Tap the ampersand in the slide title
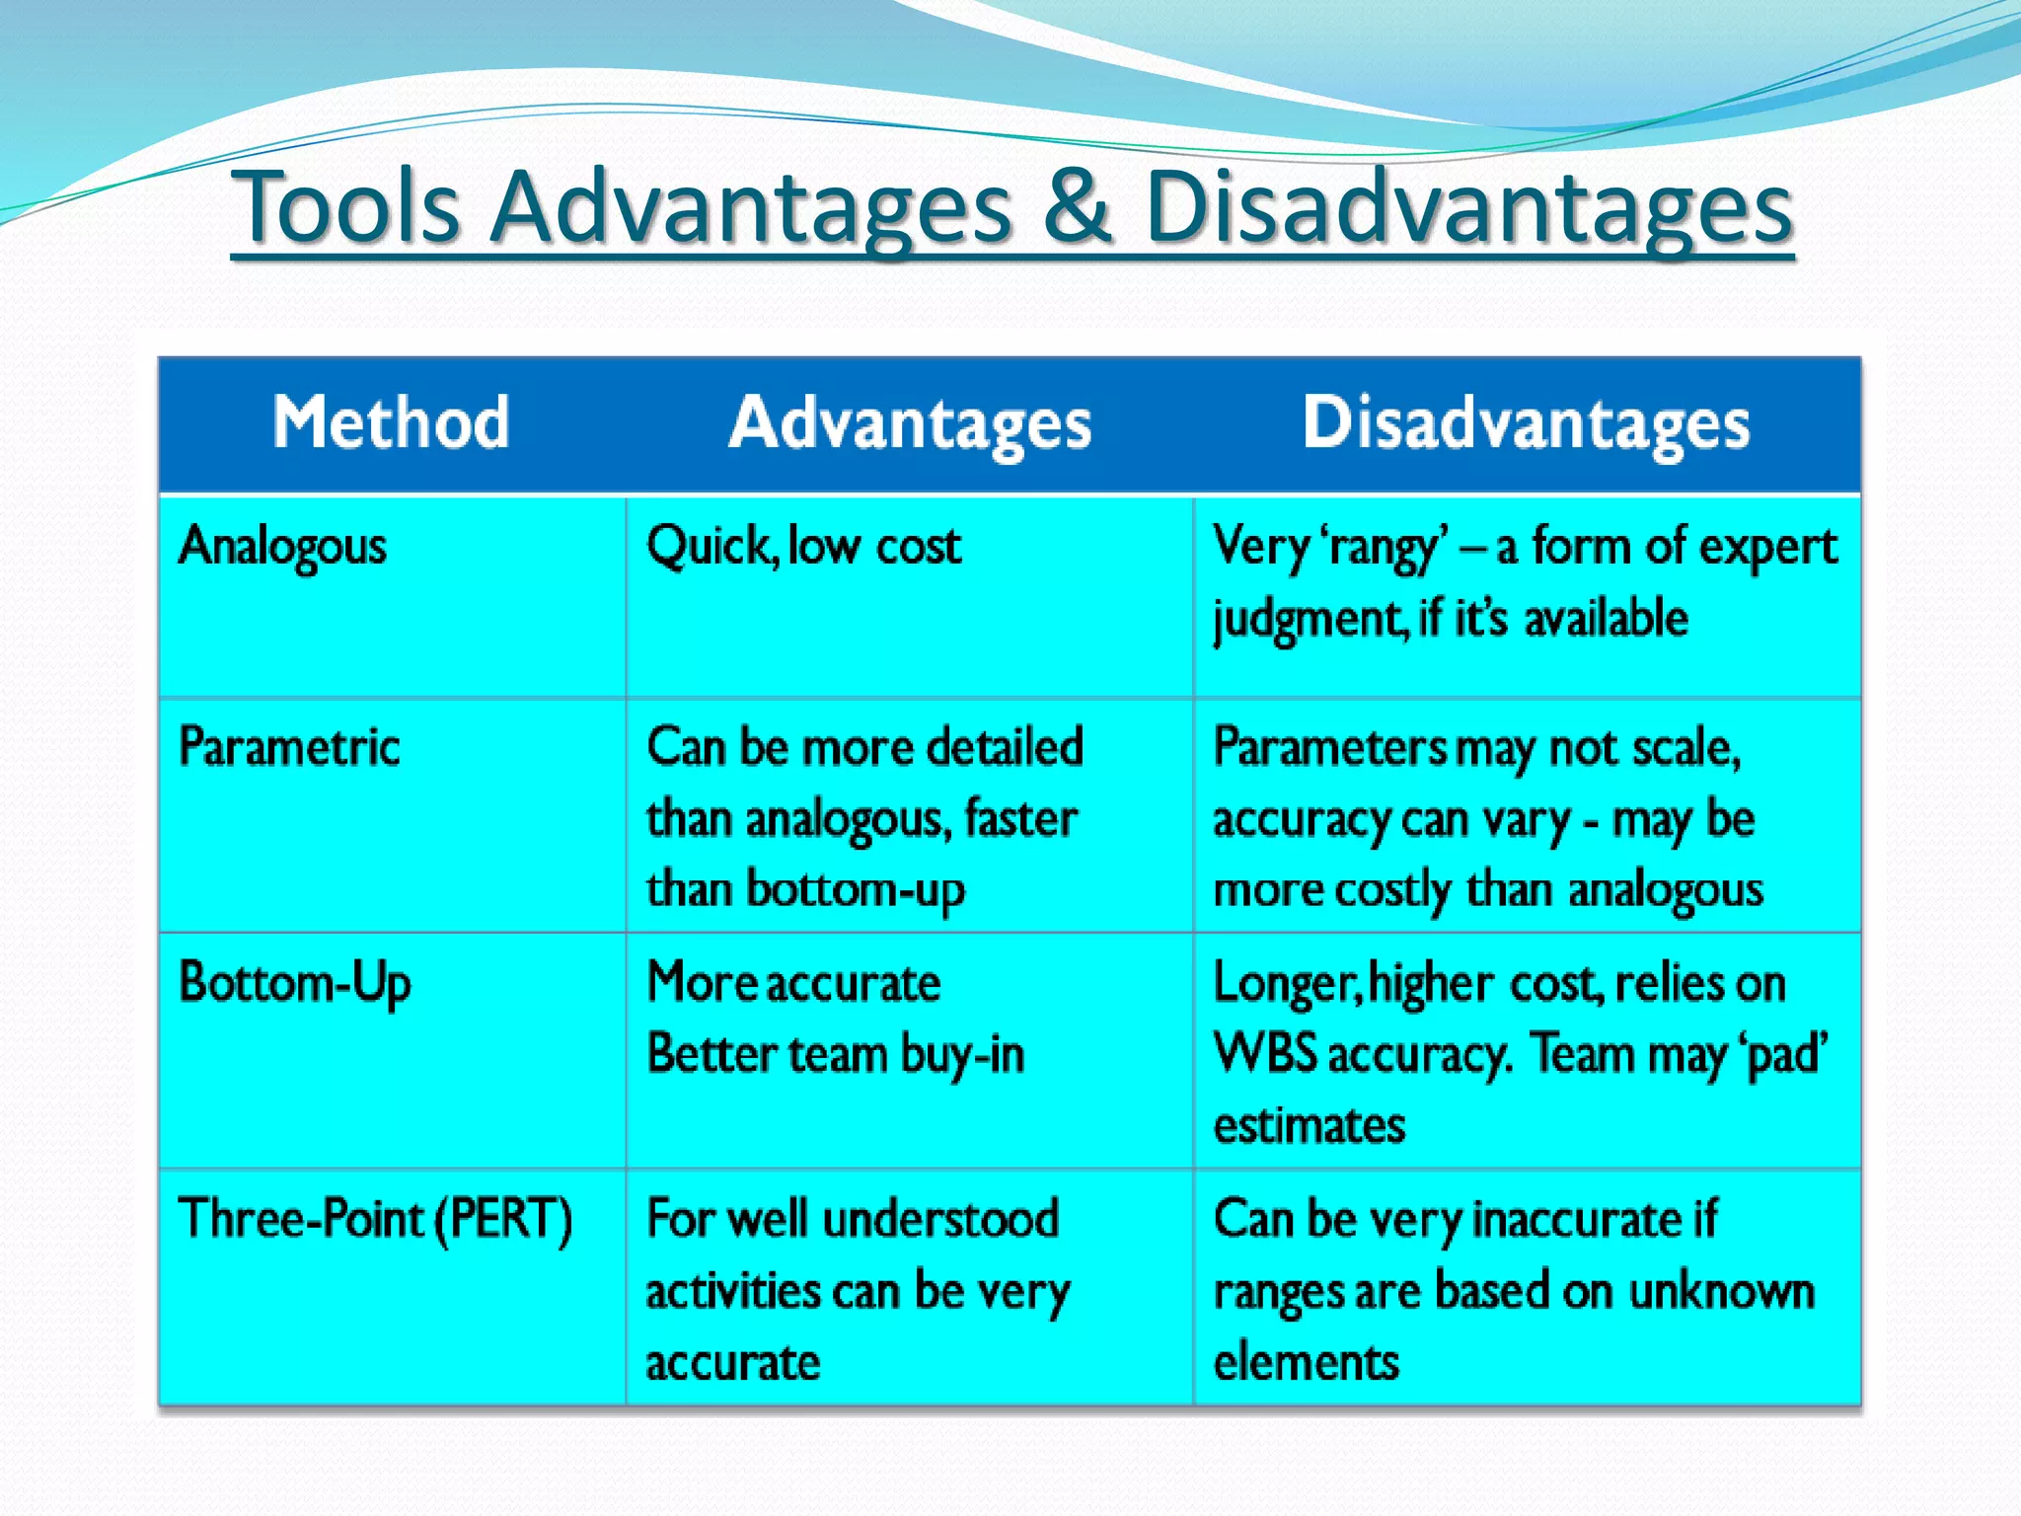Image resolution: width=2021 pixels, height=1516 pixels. point(1078,207)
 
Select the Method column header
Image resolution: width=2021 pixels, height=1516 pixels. point(391,422)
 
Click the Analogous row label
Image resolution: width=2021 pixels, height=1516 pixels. point(282,547)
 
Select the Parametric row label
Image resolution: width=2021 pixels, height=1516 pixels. point(289,747)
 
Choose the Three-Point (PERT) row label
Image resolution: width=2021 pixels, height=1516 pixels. point(375,1219)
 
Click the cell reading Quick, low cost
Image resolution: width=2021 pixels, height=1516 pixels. point(803,547)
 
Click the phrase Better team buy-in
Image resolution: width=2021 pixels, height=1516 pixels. point(836,1055)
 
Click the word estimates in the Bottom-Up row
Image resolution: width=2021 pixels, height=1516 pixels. point(1309,1125)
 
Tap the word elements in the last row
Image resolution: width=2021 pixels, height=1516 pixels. point(1306,1363)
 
